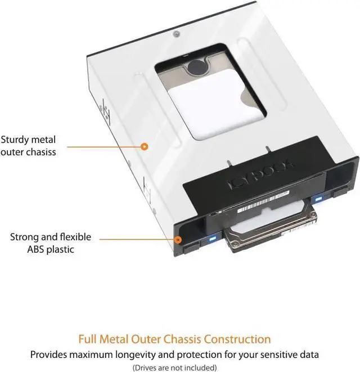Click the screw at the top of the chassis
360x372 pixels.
tap(177, 34)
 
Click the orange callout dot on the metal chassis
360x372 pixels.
tap(144, 146)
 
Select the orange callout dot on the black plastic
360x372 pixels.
tap(178, 239)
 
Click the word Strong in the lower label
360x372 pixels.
tap(25, 237)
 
